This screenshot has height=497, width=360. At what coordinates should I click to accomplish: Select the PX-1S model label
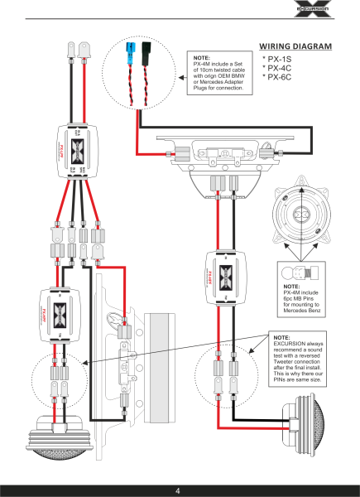tap(281, 60)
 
